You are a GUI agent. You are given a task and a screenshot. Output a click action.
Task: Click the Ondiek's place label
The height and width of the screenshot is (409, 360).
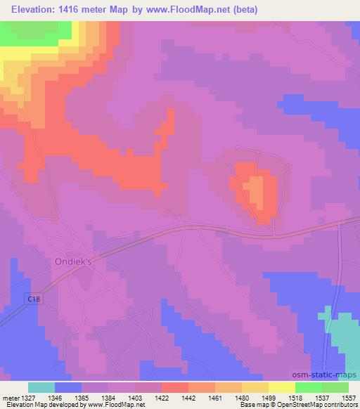[74, 261]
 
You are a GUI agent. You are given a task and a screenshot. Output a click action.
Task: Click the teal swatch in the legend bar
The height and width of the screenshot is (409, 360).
[41, 387]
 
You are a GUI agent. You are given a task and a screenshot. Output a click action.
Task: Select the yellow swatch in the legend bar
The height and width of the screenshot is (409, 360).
[282, 387]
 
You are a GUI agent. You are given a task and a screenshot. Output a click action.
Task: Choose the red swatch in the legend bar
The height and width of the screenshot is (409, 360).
[175, 387]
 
